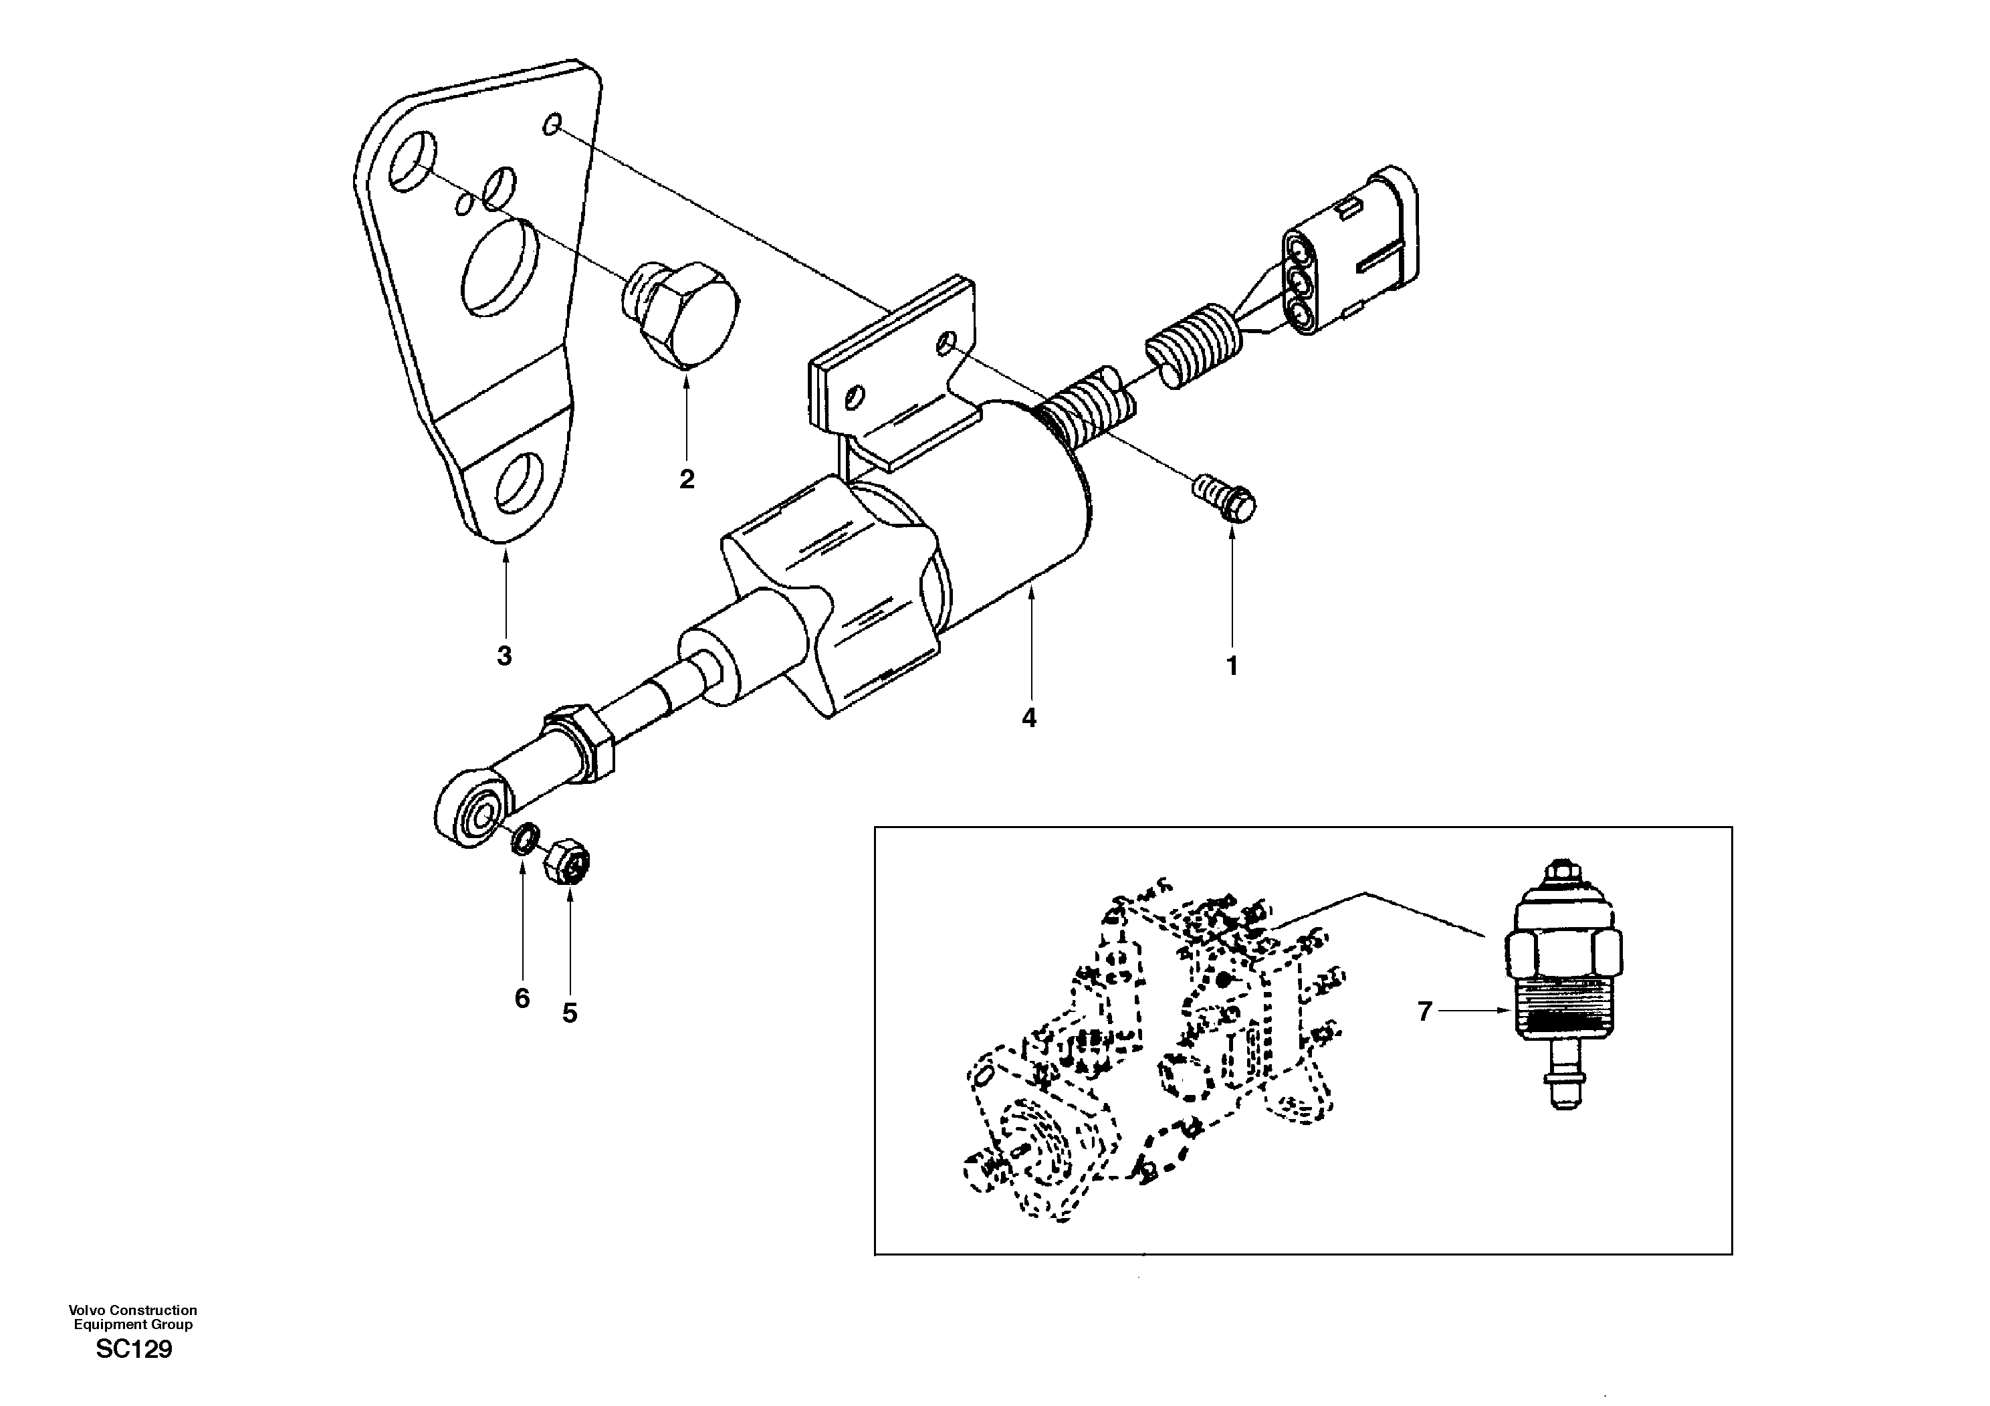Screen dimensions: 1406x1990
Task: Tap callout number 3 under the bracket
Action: coord(504,656)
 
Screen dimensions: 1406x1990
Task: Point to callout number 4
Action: coord(1029,718)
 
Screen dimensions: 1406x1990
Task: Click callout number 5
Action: coord(570,1013)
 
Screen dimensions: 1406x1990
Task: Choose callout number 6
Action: coord(522,999)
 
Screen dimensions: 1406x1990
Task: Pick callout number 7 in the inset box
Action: coord(1425,1011)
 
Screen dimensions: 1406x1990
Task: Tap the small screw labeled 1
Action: coord(1226,499)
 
